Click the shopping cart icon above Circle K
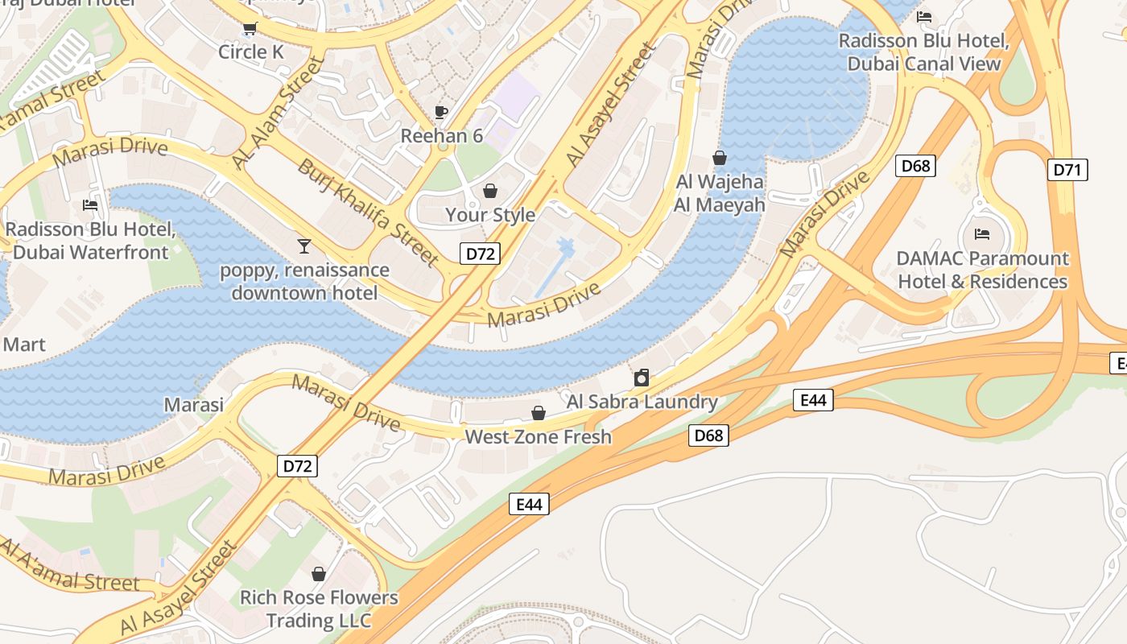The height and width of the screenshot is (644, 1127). [250, 30]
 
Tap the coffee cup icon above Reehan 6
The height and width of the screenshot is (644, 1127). [440, 112]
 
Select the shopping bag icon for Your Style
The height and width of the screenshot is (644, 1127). [489, 191]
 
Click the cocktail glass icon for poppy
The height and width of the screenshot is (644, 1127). [303, 246]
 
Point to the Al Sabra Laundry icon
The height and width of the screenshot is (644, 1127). [642, 377]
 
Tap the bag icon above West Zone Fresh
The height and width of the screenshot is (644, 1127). [539, 413]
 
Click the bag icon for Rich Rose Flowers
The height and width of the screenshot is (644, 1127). [319, 574]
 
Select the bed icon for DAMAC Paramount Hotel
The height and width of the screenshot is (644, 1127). [982, 234]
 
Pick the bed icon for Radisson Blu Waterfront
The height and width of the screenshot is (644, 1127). [90, 205]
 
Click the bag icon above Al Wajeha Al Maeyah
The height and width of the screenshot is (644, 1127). [720, 158]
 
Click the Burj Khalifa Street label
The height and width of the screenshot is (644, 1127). [369, 213]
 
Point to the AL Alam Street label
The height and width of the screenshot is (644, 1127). [276, 112]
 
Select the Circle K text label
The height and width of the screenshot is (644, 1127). [252, 52]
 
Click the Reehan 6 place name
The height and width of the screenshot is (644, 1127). [442, 136]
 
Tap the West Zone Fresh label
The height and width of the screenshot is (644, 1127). [539, 437]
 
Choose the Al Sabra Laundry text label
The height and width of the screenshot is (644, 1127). [642, 402]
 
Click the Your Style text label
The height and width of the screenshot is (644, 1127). [490, 215]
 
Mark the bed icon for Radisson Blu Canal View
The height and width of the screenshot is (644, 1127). [924, 17]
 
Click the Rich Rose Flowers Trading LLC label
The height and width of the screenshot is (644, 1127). [319, 609]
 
